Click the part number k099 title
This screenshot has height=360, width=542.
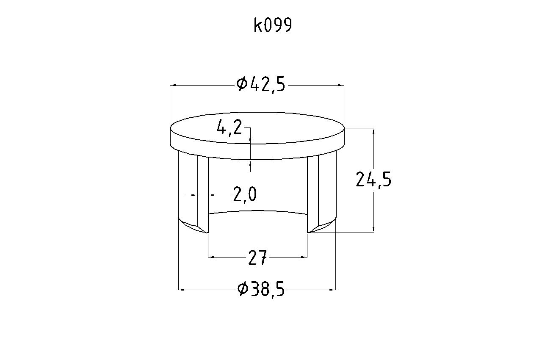coord(273,25)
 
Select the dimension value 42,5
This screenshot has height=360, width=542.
coord(267,85)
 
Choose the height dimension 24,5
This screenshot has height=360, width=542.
coord(373,179)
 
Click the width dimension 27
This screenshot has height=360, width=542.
coord(257,257)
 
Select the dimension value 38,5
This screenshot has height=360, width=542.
coord(267,289)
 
